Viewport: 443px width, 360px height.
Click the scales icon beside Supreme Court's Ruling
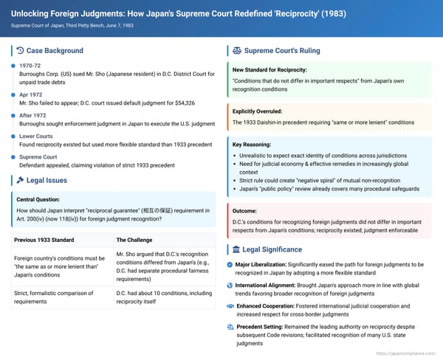(x=237, y=51)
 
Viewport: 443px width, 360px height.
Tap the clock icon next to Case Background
(x=19, y=51)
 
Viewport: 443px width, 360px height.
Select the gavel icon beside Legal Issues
(x=19, y=181)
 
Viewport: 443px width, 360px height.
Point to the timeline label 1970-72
(x=30, y=66)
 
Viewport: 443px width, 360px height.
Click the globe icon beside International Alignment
(x=230, y=285)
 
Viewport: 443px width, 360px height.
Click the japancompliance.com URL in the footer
(x=406, y=353)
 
